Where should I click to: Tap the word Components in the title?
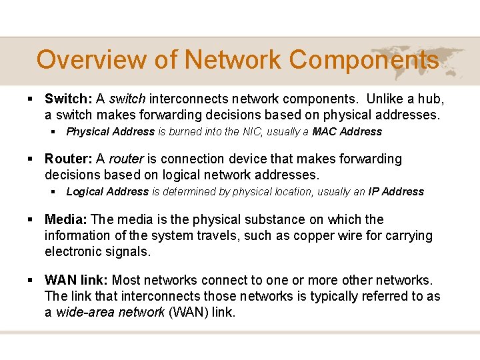coord(364,60)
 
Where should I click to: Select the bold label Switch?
coord(69,99)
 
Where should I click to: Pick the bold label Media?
coord(66,220)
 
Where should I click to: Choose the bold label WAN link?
coord(77,280)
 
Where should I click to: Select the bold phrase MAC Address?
coord(347,132)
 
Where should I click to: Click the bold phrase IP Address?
coord(396,192)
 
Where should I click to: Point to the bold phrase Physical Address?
coord(111,132)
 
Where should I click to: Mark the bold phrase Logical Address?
coord(107,192)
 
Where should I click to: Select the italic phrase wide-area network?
coord(110,312)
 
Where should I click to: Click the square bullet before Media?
coord(31,220)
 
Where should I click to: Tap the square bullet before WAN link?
coord(31,280)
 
